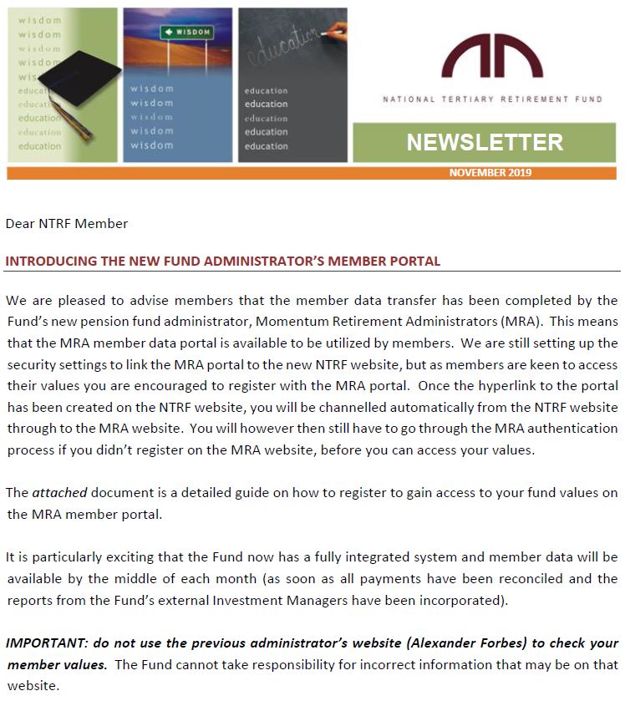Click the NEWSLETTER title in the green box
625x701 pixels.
click(x=485, y=142)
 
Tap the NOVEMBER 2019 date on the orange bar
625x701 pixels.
click(x=490, y=173)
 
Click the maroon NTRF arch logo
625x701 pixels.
click(x=492, y=56)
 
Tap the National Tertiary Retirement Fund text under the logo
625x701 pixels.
click(x=492, y=99)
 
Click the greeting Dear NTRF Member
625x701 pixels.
click(x=67, y=224)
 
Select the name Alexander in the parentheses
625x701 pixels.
click(x=426, y=643)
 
